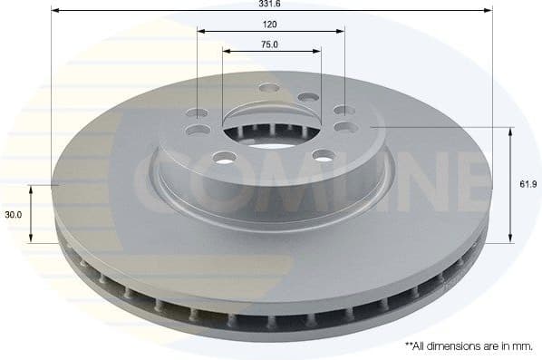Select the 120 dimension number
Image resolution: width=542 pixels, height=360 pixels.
271,24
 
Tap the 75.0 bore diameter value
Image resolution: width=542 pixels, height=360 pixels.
271,44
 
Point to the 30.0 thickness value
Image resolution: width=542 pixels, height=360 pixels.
13,215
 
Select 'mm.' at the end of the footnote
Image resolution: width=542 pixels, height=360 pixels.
525,345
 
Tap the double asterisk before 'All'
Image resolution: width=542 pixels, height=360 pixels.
408,345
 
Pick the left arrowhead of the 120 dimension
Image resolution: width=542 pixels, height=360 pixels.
202,32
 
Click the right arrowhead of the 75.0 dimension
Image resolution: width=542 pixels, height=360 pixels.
316,51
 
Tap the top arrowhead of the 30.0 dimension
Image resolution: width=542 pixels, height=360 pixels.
33,188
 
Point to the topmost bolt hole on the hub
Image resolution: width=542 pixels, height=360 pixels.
268,89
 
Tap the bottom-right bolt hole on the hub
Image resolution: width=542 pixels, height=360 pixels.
320,154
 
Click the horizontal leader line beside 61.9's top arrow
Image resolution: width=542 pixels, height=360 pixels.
453,128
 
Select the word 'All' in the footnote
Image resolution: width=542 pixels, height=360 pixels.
421,345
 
